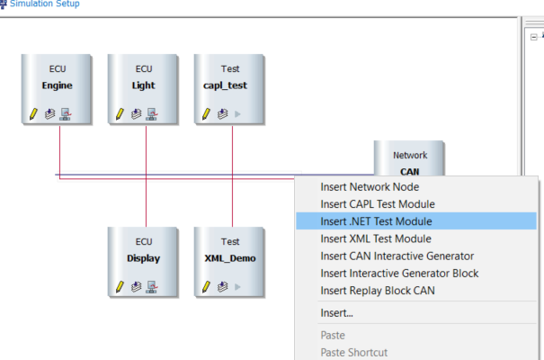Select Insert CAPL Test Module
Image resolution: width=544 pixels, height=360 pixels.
pos(377,204)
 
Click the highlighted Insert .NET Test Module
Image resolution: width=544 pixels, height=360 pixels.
pos(376,221)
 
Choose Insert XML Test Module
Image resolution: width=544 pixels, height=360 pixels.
pos(376,238)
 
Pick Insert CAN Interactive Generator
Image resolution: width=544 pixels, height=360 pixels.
pos(397,256)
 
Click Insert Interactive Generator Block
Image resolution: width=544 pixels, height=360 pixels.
pos(399,274)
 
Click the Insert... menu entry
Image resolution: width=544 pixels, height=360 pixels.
pos(336,313)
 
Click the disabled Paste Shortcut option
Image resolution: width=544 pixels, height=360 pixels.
pos(353,352)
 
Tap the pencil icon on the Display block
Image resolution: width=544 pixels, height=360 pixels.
pos(118,287)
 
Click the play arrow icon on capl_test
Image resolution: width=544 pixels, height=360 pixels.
pos(237,114)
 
